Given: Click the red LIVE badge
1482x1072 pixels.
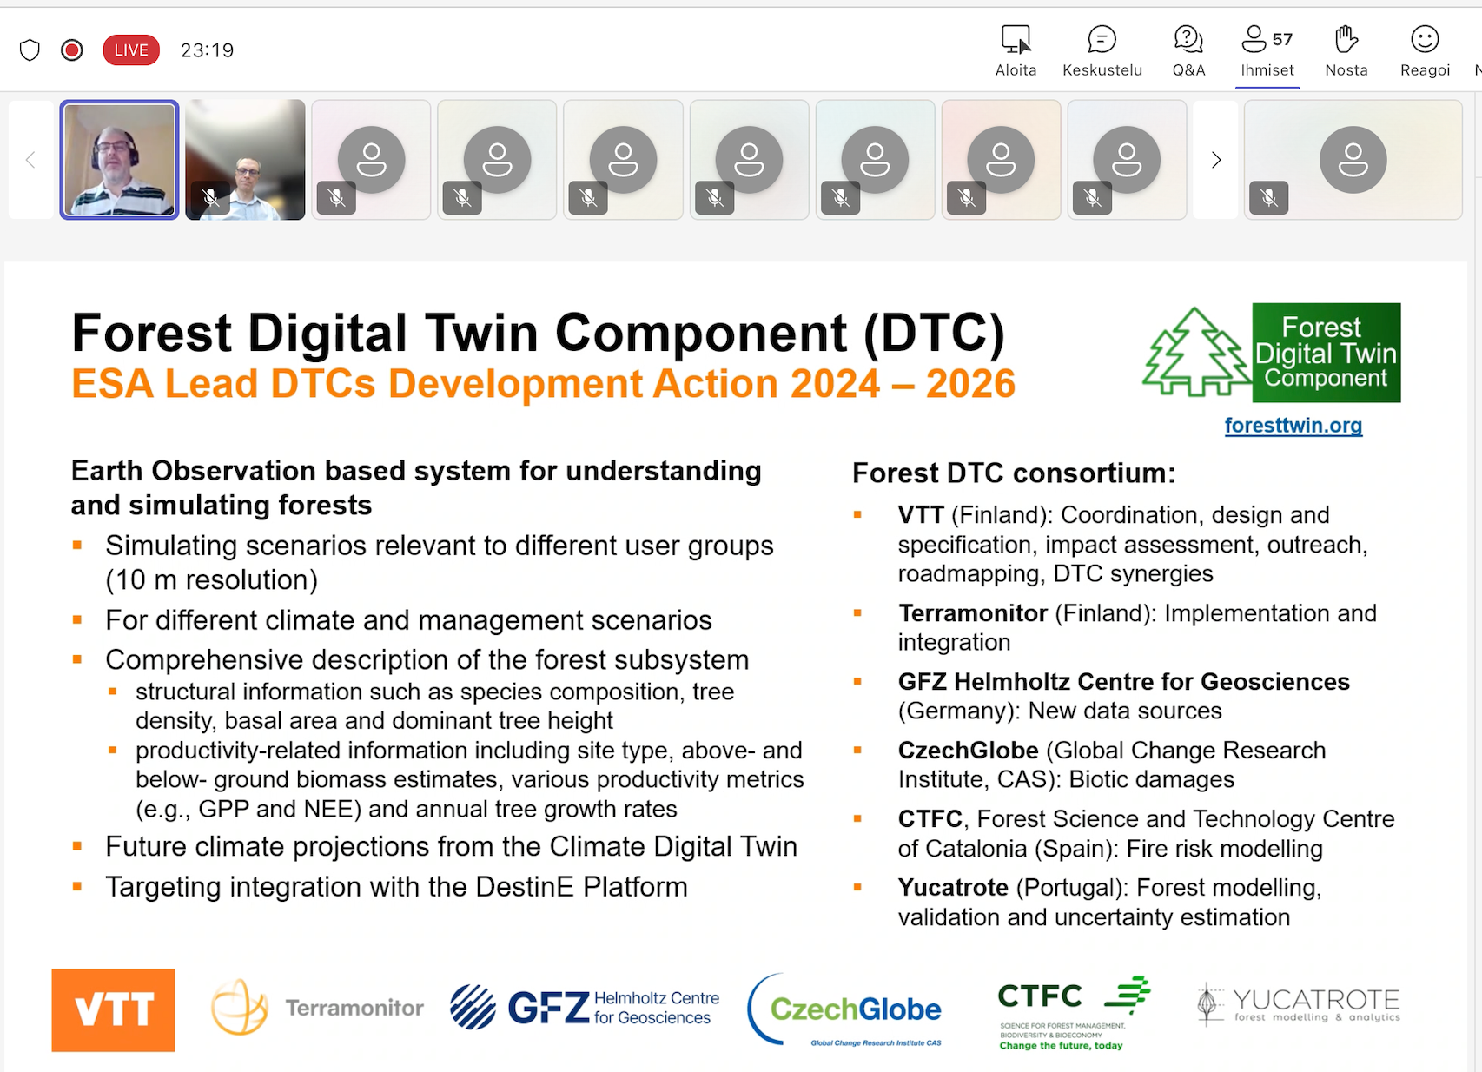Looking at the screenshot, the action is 131,50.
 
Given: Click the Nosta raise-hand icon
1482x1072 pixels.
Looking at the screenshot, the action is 1346,40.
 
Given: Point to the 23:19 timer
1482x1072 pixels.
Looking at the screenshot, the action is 207,50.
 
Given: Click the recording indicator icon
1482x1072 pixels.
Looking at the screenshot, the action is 71,50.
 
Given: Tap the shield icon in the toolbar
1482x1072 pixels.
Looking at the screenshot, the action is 30,50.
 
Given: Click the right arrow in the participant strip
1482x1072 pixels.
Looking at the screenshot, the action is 1216,160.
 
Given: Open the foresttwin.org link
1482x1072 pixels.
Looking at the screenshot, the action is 1293,426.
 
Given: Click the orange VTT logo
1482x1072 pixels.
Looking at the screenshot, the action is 113,1009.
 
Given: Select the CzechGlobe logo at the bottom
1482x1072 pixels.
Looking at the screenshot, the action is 845,1009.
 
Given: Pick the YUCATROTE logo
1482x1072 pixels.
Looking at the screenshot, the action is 1299,1004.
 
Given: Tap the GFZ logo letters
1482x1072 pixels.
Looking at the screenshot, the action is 548,1008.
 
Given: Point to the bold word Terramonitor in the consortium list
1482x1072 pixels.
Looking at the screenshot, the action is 973,613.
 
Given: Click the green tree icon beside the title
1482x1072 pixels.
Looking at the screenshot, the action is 1196,352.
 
